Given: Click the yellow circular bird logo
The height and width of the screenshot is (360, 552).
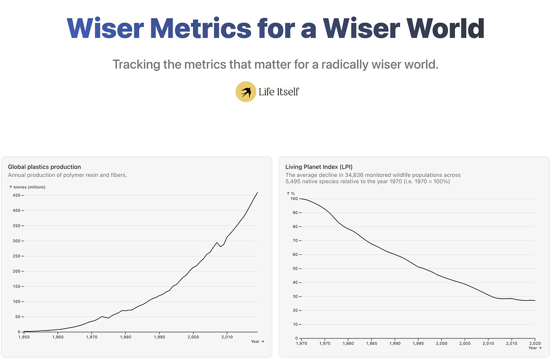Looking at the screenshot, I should (x=246, y=92).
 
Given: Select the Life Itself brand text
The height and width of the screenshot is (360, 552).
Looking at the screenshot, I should (x=279, y=92).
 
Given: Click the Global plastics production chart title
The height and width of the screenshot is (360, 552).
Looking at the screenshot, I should (x=44, y=167).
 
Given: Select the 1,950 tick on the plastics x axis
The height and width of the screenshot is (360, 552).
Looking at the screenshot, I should (x=24, y=337).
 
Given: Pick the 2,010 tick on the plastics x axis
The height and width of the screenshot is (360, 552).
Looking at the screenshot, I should (x=226, y=337).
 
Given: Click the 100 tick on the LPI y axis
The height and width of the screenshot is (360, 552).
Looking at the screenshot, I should (x=294, y=199).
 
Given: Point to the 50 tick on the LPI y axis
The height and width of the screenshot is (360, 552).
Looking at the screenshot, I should (x=295, y=268).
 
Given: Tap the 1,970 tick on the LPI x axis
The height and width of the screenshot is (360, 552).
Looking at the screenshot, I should (x=302, y=343).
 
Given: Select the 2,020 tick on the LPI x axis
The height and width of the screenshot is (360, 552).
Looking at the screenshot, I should (x=534, y=343).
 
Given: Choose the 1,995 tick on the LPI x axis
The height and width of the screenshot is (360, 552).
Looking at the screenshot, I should (x=418, y=343).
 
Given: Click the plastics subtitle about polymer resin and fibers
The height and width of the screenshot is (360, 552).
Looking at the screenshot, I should (x=67, y=175).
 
